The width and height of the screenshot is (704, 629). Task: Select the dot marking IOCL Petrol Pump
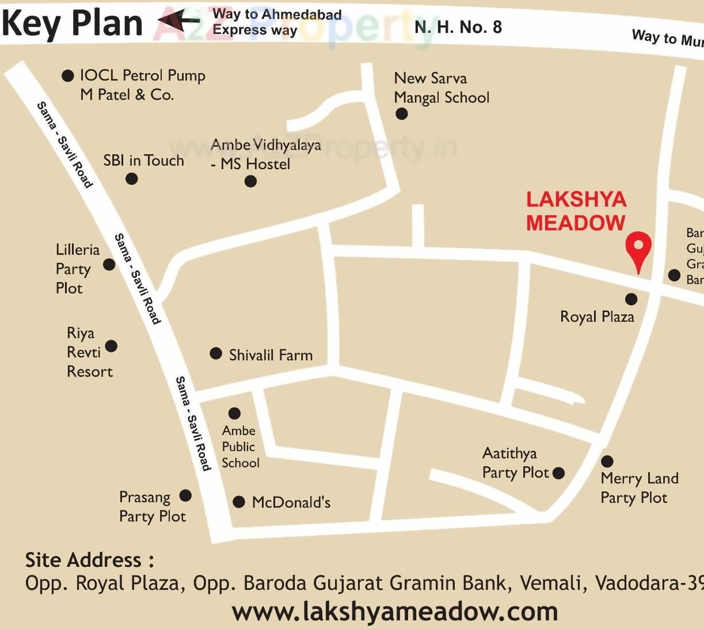point(68,75)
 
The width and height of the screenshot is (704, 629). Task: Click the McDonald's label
point(291,502)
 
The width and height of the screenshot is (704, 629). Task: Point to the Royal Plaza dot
point(631,299)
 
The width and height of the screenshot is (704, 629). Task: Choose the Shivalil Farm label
point(271,355)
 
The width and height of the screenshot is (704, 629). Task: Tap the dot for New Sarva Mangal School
point(402,113)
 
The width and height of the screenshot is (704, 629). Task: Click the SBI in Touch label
point(143,161)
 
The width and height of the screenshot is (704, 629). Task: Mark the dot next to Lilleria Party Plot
point(109,265)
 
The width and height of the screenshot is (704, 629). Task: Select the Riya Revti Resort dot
point(111,346)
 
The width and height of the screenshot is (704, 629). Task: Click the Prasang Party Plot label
point(152,506)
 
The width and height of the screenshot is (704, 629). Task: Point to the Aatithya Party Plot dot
point(558,473)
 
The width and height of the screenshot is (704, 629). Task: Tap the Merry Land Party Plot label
point(639,488)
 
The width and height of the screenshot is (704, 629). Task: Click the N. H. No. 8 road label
point(458,27)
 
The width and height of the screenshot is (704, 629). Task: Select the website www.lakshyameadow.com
point(395,611)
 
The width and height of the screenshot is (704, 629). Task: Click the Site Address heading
point(89,560)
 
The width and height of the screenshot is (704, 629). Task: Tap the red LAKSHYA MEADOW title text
point(576,211)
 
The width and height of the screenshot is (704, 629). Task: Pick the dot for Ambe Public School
point(234,413)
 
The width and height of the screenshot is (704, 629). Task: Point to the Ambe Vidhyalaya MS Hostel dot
point(250,181)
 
